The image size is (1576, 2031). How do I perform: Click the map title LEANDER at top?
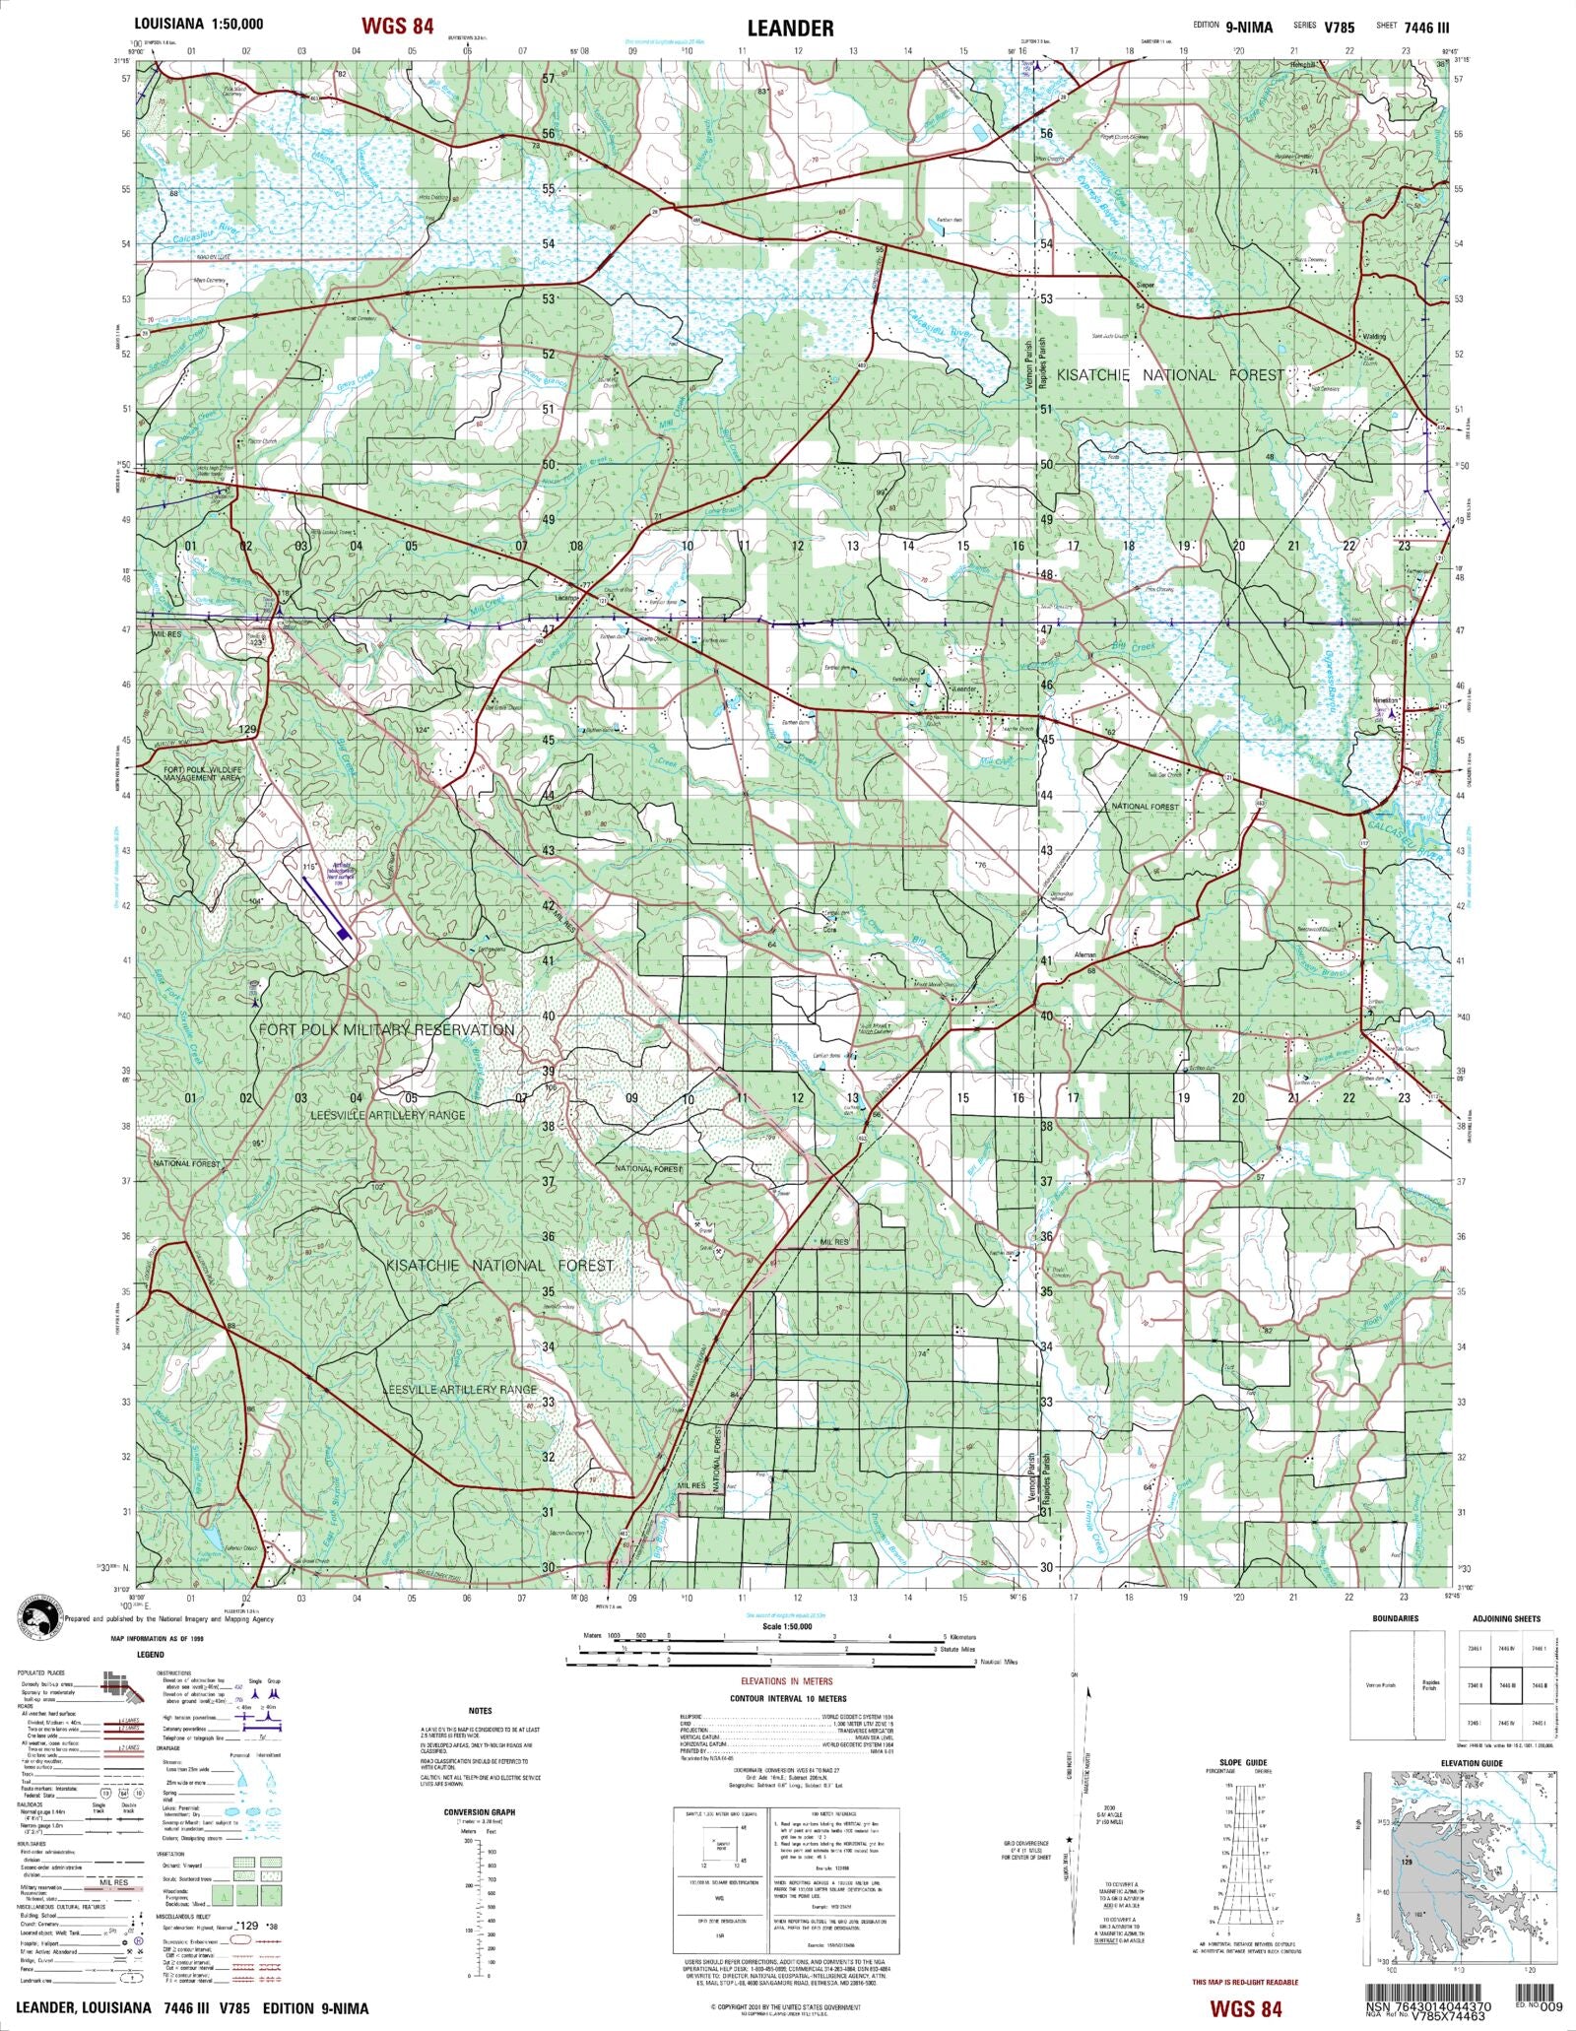(x=790, y=29)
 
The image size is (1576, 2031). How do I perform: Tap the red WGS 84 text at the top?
(x=397, y=27)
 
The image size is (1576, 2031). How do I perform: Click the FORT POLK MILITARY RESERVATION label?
(x=386, y=1029)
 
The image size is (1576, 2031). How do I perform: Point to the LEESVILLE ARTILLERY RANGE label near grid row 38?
(x=387, y=1115)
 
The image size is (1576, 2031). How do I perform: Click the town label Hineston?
(x=1385, y=700)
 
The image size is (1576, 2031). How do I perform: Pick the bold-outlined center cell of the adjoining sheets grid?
(x=1504, y=1686)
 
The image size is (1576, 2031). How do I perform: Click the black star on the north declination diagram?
(x=1068, y=1840)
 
